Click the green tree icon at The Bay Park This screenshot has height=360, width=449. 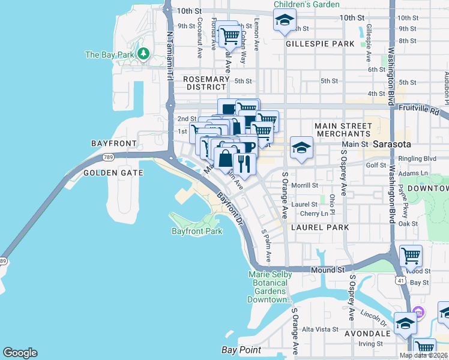tap(143, 55)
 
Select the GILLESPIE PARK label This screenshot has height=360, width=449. tap(320, 44)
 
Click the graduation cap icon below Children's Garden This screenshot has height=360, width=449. tap(285, 21)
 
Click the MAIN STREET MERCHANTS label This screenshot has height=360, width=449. tap(343, 130)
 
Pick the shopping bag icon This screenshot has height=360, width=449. tap(226, 160)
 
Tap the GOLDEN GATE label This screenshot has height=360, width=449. tap(113, 173)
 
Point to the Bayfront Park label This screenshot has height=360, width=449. tap(197, 231)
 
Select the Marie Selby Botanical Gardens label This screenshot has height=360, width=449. tap(270, 287)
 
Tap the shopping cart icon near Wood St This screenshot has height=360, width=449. tap(411, 256)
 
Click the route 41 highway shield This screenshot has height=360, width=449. tap(400, 280)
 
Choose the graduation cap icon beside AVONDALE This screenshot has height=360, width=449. tap(405, 325)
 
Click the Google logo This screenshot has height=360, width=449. tap(20, 353)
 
